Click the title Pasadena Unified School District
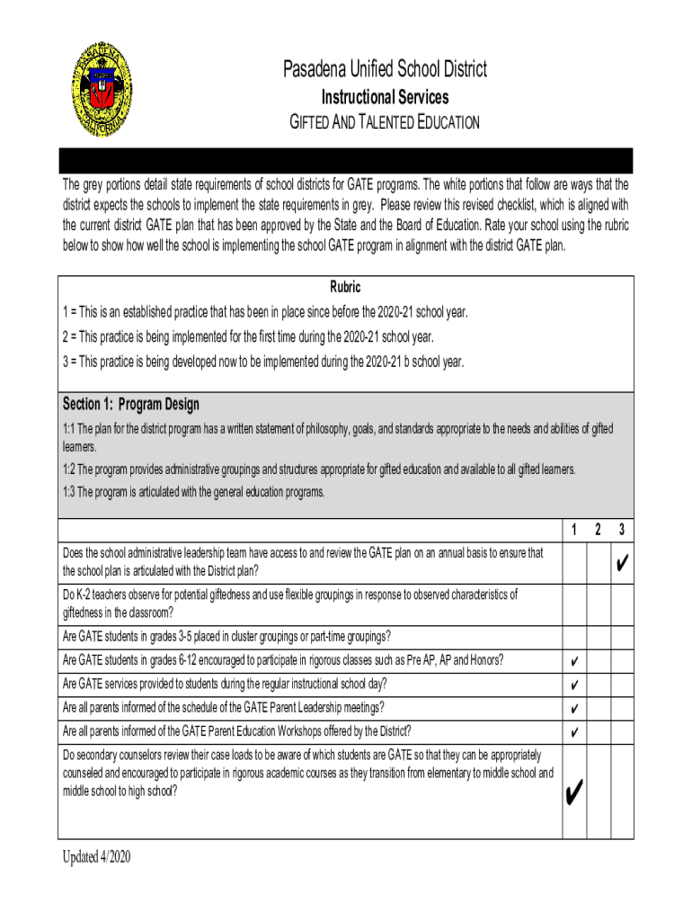click(386, 69)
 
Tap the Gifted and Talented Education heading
click(385, 122)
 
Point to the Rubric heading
click(346, 287)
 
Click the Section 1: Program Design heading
click(131, 404)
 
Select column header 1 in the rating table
click(574, 530)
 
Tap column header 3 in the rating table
click(622, 530)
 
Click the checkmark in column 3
click(622, 565)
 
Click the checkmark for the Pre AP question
click(574, 662)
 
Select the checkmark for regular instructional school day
click(574, 685)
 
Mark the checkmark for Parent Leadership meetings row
click(574, 709)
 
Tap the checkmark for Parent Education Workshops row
click(574, 731)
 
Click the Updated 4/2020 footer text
click(96, 856)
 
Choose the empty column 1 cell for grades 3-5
click(574, 637)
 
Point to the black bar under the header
click(346, 160)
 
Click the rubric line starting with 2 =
click(248, 337)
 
